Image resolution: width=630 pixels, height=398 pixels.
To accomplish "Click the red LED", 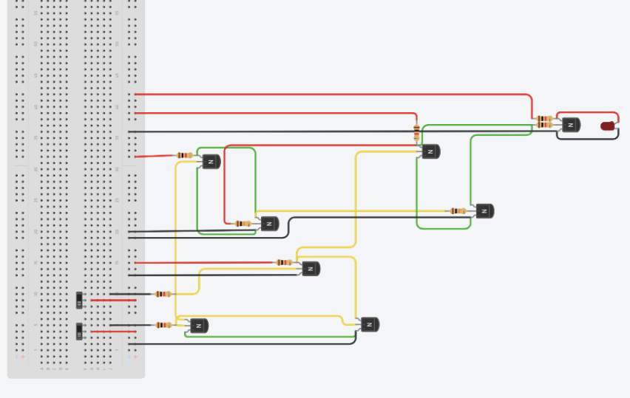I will tap(608, 126).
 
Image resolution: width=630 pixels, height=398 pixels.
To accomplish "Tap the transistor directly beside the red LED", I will tap(571, 125).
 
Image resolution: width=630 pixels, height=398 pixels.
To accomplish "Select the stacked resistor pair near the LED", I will tap(545, 121).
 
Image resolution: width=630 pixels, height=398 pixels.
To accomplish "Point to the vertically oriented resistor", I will tap(417, 133).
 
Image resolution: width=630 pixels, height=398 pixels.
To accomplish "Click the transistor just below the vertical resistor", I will tap(431, 151).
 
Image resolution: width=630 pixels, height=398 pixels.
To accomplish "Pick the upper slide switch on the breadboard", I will tap(80, 300).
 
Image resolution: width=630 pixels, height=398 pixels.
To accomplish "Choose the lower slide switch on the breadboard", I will tap(80, 331).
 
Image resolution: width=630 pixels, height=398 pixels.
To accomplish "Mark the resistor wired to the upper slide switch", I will tap(163, 294).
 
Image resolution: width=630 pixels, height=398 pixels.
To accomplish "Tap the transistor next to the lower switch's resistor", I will tap(199, 325).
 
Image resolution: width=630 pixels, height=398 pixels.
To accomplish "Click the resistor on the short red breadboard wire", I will tap(185, 155).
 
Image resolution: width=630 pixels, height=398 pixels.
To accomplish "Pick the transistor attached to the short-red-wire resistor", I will tap(211, 161).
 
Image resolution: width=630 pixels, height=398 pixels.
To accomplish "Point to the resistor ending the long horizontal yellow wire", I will tap(458, 210).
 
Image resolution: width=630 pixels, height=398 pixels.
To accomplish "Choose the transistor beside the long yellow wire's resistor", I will tap(484, 210).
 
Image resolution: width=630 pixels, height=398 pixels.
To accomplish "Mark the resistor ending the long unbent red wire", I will tap(284, 262).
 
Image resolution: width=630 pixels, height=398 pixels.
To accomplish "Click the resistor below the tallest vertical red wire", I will tap(243, 223).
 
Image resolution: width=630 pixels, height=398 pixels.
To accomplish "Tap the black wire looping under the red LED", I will tap(592, 138).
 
